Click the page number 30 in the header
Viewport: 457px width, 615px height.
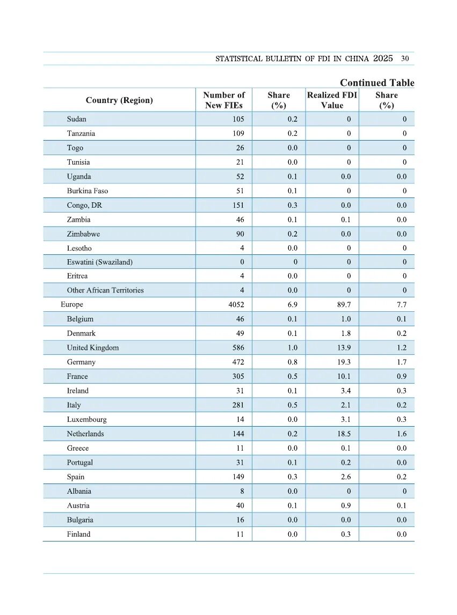point(405,58)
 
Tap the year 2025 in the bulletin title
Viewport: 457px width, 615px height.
point(383,58)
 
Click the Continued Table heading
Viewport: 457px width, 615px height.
point(377,83)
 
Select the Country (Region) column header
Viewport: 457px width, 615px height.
point(119,100)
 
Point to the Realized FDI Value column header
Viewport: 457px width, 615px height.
point(332,100)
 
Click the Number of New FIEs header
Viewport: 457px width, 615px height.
point(223,100)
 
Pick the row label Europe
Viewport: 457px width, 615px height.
point(72,305)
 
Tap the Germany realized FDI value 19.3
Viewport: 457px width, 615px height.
point(344,362)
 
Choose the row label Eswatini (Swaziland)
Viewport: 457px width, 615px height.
point(99,262)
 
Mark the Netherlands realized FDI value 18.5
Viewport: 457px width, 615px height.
point(344,434)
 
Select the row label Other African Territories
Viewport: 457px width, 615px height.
point(105,290)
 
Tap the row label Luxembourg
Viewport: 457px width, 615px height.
point(86,420)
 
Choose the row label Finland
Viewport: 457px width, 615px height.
point(78,535)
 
